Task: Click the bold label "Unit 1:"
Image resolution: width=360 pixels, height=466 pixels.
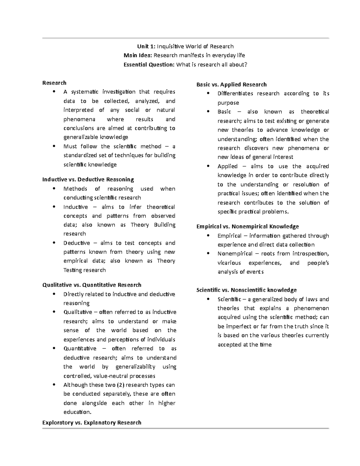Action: (146, 47)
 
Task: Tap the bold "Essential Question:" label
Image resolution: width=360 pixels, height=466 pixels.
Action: (149, 65)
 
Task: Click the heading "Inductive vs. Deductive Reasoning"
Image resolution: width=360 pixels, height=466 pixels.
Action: (88, 179)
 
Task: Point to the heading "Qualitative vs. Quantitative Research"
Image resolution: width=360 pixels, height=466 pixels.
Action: (92, 285)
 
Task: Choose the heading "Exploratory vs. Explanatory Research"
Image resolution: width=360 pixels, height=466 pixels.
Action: (92, 422)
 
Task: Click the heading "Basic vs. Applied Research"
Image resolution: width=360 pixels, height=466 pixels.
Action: (231, 85)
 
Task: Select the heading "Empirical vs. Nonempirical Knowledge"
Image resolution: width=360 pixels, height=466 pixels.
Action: (247, 227)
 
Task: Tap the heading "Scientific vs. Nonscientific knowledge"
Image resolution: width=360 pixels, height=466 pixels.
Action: (246, 290)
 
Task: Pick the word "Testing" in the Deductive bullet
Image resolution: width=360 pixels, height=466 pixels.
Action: (73, 270)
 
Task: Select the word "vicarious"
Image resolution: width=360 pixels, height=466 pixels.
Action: (229, 263)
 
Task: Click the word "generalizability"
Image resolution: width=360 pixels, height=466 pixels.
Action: (135, 367)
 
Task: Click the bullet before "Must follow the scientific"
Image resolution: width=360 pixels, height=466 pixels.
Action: (54, 146)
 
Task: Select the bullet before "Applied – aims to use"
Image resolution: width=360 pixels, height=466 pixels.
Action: (208, 166)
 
